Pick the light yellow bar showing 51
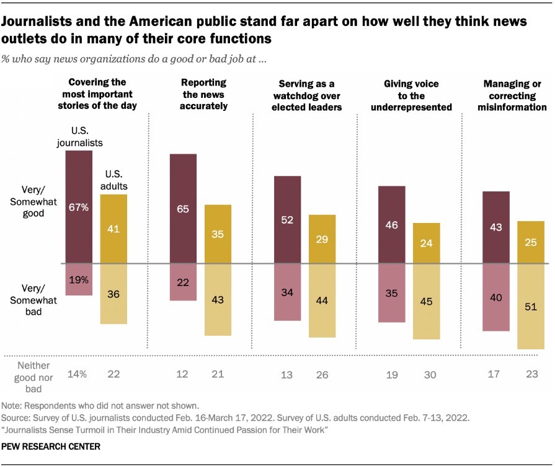point(531,307)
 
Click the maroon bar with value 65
point(183,208)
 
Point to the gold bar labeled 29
point(322,239)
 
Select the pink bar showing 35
point(391,293)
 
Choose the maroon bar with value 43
point(495,227)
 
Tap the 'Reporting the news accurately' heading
point(204,94)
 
